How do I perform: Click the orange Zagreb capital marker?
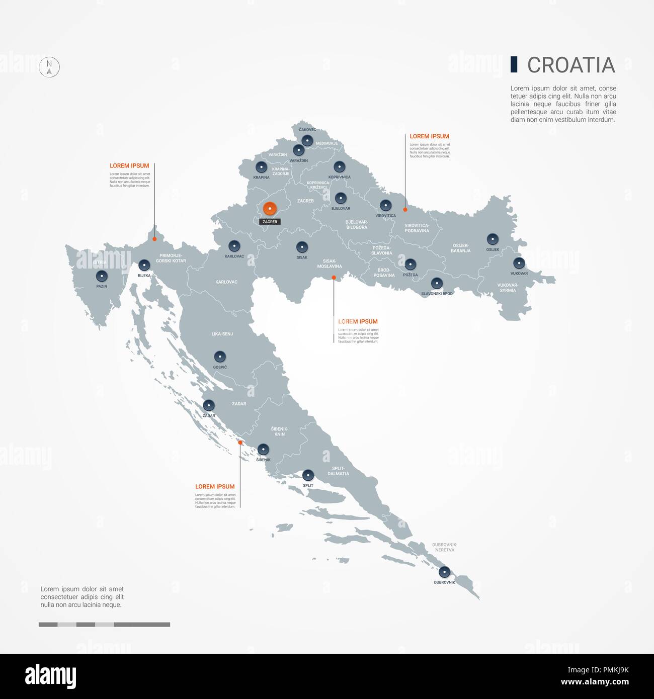[x=270, y=208]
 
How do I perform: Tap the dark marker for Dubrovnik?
[x=444, y=572]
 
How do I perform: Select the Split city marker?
[x=308, y=475]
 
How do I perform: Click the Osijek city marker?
[x=493, y=239]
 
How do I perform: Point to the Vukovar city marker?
[x=519, y=263]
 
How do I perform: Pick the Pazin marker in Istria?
[x=102, y=276]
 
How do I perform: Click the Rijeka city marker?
[x=144, y=265]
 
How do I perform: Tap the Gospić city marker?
[x=220, y=357]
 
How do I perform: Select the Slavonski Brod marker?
[x=437, y=283]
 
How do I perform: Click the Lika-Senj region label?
[x=222, y=334]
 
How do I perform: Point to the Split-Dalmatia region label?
[x=338, y=471]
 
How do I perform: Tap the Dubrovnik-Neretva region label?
[x=444, y=547]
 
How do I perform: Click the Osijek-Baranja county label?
[x=460, y=248]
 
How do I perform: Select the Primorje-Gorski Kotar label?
[x=171, y=258]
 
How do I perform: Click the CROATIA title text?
[x=571, y=65]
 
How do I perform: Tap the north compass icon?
[x=49, y=67]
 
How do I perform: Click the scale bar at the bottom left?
[x=104, y=625]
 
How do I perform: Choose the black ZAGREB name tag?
[x=270, y=222]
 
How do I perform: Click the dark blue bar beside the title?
[x=514, y=64]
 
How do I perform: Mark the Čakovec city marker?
[x=307, y=140]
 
